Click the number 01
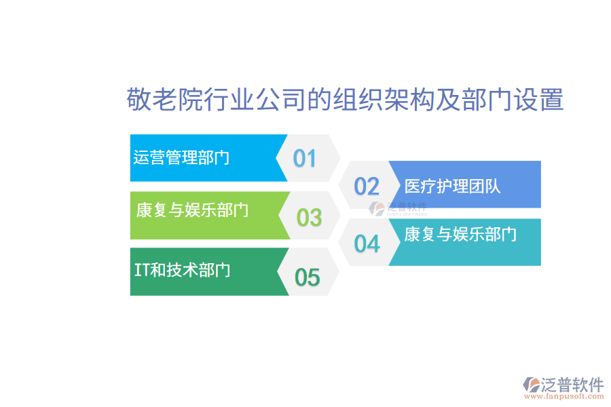pyautogui.click(x=305, y=158)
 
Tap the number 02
pyautogui.click(x=367, y=186)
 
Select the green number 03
pyautogui.click(x=309, y=217)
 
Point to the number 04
pyautogui.click(x=367, y=244)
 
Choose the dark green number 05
pyautogui.click(x=307, y=277)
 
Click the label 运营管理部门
pyautogui.click(x=181, y=157)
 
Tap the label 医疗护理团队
pyautogui.click(x=452, y=186)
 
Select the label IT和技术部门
pyautogui.click(x=182, y=269)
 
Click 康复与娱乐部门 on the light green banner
pyautogui.click(x=192, y=210)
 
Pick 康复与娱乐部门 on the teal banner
pyautogui.click(x=460, y=234)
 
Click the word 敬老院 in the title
pyautogui.click(x=159, y=100)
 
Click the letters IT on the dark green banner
pyautogui.click(x=142, y=269)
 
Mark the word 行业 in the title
pyautogui.click(x=234, y=100)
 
